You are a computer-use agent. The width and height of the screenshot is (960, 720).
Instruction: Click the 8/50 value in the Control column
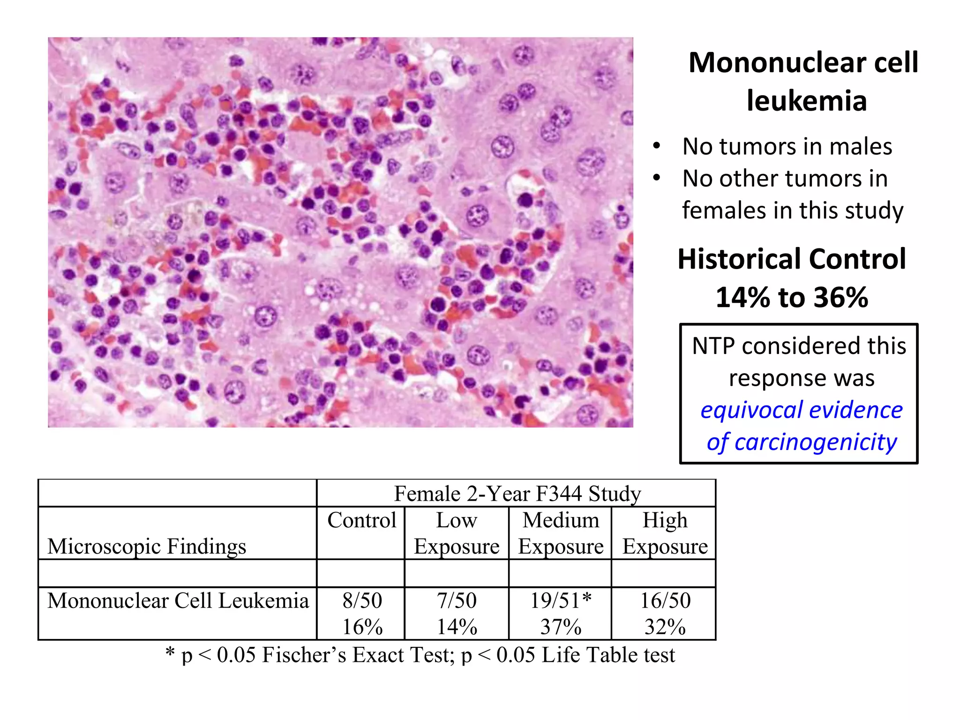coord(362,600)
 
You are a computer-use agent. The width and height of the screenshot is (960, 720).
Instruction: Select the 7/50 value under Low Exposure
coord(457,600)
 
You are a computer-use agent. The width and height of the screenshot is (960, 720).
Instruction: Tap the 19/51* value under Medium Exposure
coord(561,600)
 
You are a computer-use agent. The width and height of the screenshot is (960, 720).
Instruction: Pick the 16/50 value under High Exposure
coord(665,600)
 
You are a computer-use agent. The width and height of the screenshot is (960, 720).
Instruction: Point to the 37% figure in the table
coord(561,627)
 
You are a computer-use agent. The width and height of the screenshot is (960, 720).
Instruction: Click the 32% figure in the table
coord(665,627)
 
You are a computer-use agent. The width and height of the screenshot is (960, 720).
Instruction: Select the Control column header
coord(362,520)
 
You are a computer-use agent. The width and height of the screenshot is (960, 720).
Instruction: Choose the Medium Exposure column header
coord(561,533)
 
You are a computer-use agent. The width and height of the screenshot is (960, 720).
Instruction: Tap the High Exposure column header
coord(665,533)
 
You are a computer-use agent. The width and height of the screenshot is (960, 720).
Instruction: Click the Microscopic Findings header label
coord(147,547)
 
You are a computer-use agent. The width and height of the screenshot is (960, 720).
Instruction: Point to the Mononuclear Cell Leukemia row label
coord(178,600)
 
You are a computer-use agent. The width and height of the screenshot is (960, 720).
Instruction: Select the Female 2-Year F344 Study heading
coord(517,494)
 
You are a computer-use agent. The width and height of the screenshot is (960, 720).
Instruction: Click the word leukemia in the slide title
coord(806,101)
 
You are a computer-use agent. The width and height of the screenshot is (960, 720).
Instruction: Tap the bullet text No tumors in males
coord(787,146)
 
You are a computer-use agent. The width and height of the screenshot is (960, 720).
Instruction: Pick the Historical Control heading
coord(792,259)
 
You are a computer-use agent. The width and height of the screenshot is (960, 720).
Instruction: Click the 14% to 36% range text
coord(792,297)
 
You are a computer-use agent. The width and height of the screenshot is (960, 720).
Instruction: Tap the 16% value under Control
coord(362,627)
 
